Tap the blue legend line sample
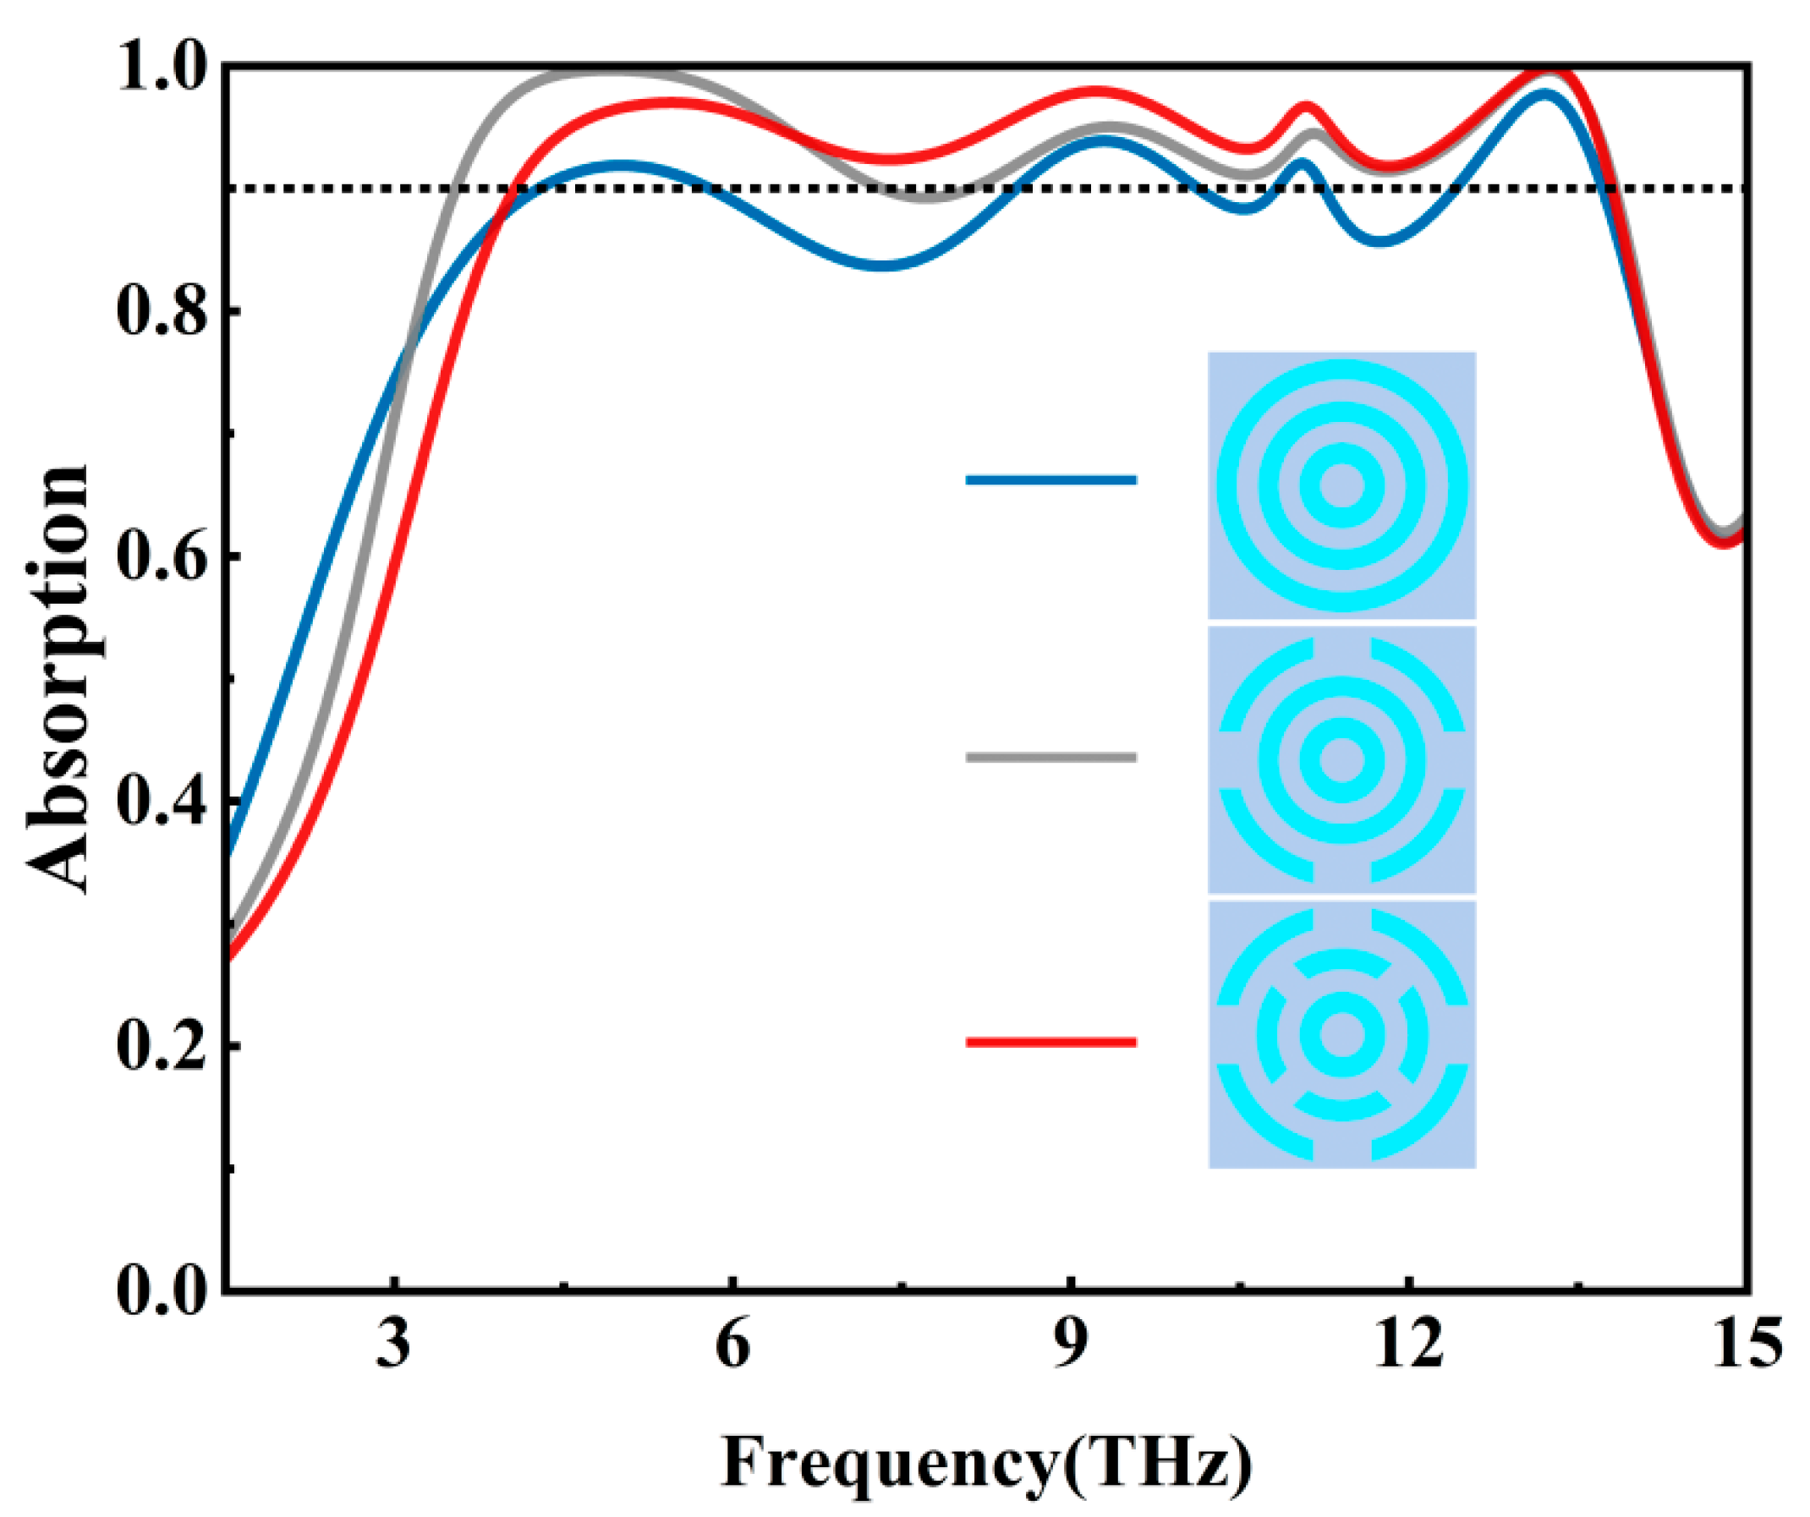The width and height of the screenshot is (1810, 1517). (x=1050, y=480)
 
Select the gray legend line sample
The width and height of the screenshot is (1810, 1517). (x=1050, y=758)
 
